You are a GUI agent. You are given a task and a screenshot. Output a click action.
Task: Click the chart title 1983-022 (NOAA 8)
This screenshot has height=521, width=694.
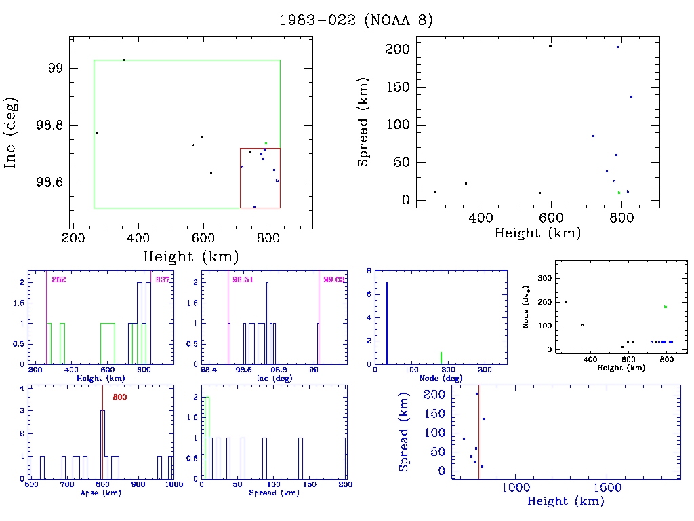[x=356, y=20]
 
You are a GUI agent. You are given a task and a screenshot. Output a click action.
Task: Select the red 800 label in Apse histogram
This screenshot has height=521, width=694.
[x=119, y=397]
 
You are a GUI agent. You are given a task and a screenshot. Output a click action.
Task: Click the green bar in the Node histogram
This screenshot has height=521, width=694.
[x=441, y=358]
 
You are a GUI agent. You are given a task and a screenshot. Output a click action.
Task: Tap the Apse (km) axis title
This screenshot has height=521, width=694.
[x=100, y=493]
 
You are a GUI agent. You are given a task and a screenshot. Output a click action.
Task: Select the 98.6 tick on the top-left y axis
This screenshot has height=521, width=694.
[x=52, y=182]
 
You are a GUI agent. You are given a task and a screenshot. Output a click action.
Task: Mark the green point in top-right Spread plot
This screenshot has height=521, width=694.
[x=619, y=193]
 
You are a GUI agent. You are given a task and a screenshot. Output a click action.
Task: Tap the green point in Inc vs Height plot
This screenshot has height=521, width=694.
[x=266, y=144]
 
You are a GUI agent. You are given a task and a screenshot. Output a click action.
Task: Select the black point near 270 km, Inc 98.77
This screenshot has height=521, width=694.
[x=96, y=133]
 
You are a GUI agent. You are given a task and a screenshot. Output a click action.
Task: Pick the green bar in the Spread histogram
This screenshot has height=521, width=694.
[x=207, y=438]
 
